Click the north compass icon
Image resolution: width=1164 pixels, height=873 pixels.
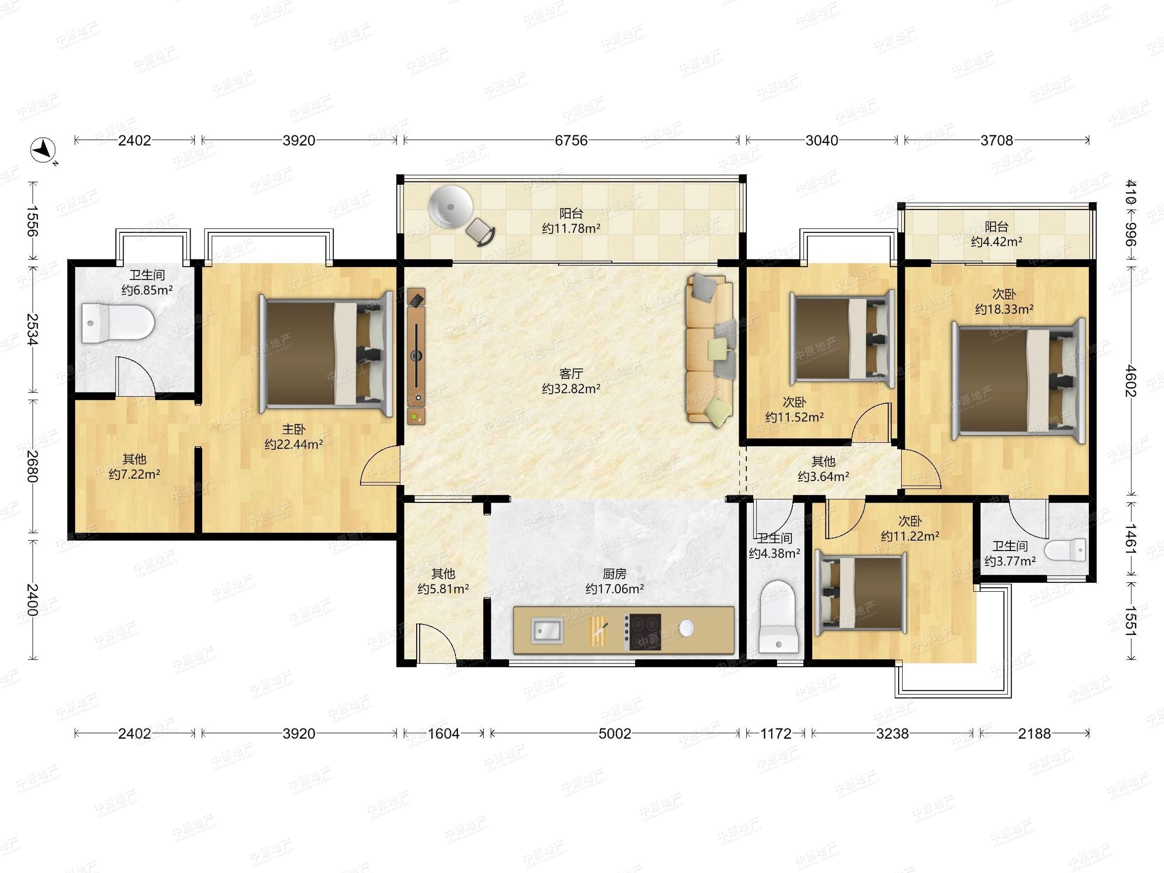click(x=43, y=150)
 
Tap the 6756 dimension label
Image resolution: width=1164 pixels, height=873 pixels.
click(x=571, y=141)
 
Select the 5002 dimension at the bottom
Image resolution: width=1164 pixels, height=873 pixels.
click(x=614, y=733)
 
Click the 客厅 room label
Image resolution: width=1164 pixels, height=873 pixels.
click(x=571, y=373)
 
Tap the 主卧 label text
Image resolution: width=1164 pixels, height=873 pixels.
click(x=293, y=429)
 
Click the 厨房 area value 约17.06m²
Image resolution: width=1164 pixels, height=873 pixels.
click(x=614, y=588)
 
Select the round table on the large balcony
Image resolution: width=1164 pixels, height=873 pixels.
click(x=450, y=207)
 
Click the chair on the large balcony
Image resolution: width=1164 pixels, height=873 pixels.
click(x=481, y=231)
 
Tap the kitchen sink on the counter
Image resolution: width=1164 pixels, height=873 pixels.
click(x=547, y=630)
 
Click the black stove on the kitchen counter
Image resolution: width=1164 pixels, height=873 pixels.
click(x=643, y=631)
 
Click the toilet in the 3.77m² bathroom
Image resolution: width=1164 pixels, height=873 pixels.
click(x=1065, y=550)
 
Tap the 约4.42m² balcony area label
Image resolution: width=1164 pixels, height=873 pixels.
click(x=997, y=242)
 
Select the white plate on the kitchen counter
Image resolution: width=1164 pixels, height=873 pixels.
click(x=686, y=627)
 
